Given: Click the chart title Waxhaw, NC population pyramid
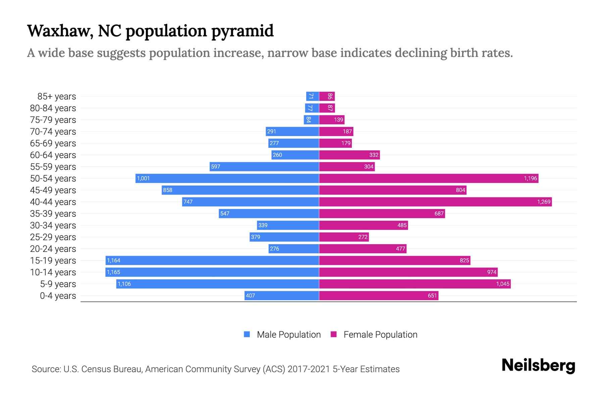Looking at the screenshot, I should (150, 31).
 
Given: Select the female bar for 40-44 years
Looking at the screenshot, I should (435, 202).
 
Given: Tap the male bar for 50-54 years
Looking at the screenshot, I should (227, 178).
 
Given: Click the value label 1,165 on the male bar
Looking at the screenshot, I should (113, 272).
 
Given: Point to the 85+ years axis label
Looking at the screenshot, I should (56, 96).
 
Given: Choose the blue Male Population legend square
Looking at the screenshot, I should (247, 334).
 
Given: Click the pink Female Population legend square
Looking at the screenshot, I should (334, 334).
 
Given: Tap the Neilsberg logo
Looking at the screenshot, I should (538, 365).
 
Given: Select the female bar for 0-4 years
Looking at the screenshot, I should (379, 295).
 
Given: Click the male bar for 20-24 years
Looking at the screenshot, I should (294, 249).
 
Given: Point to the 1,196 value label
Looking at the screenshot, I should (530, 178).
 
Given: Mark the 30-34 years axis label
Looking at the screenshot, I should (53, 225).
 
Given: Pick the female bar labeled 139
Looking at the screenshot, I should (332, 120).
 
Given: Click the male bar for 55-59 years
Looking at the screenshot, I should (264, 166).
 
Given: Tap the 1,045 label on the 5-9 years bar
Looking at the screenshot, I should (503, 284).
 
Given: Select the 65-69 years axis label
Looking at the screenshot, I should (53, 143).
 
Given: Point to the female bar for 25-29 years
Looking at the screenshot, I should (344, 237).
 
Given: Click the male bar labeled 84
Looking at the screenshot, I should (311, 120).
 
